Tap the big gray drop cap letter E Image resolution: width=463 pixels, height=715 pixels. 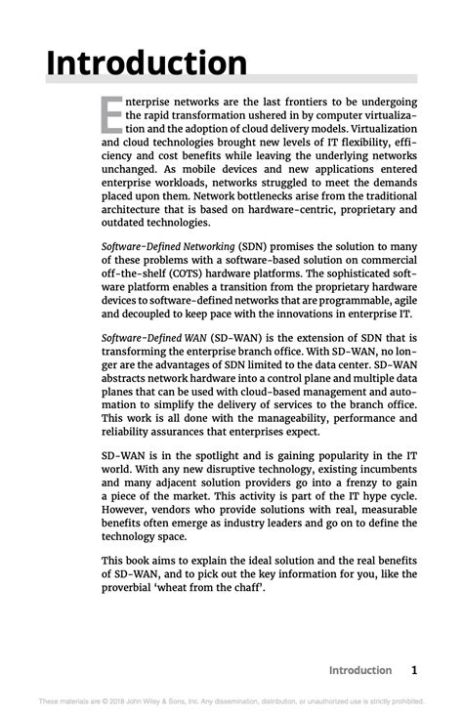point(112,116)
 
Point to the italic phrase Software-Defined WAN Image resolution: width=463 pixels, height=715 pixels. point(148,337)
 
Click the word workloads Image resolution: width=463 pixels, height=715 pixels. point(191,181)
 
